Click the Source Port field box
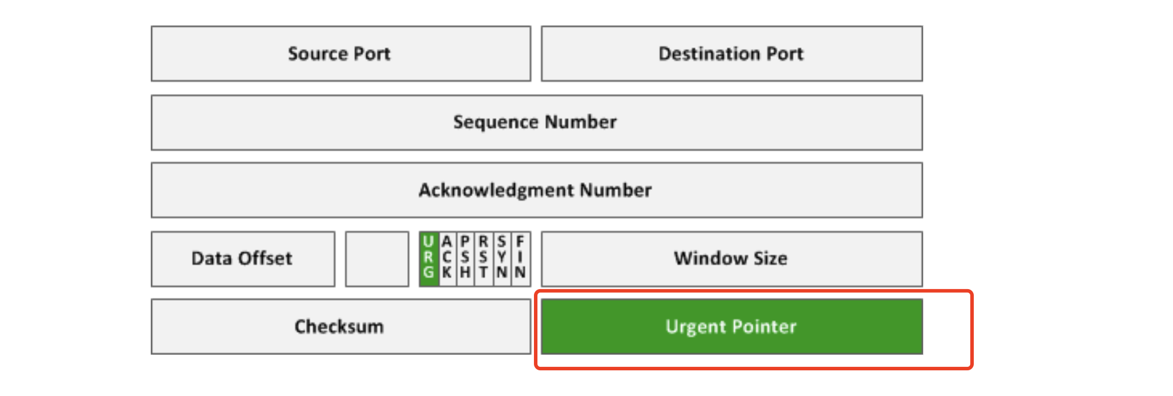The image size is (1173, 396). [341, 54]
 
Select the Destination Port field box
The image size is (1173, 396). [732, 54]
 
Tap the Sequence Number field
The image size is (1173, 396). [537, 123]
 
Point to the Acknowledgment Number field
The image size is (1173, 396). [537, 190]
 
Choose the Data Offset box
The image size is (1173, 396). [243, 259]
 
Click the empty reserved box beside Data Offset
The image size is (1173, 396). [377, 259]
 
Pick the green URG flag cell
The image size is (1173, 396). [429, 259]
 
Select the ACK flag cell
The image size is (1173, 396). [447, 259]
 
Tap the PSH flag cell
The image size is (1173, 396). [466, 259]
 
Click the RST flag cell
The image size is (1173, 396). [484, 259]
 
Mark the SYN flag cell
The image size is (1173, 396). [502, 259]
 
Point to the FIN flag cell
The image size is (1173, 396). [520, 259]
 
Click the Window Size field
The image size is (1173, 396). [732, 259]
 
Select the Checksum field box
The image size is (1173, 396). [341, 326]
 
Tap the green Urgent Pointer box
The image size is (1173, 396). [732, 326]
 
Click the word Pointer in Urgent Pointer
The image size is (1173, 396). [764, 326]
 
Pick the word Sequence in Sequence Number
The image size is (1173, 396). [495, 123]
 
